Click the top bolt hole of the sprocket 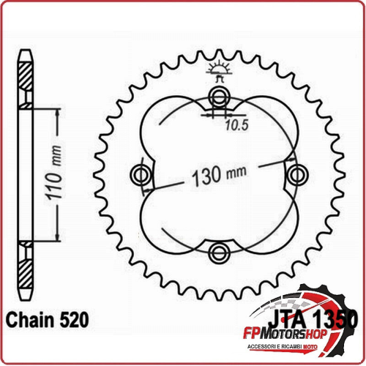tap(220, 97)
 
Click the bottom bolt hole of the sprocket tap(220, 253)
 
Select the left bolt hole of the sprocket tap(141, 175)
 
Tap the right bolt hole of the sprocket tap(297, 175)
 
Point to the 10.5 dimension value tap(236, 125)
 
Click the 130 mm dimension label tap(219, 175)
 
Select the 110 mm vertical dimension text tap(53, 173)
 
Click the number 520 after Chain tap(74, 320)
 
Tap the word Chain tap(31, 320)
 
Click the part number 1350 tap(335, 319)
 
